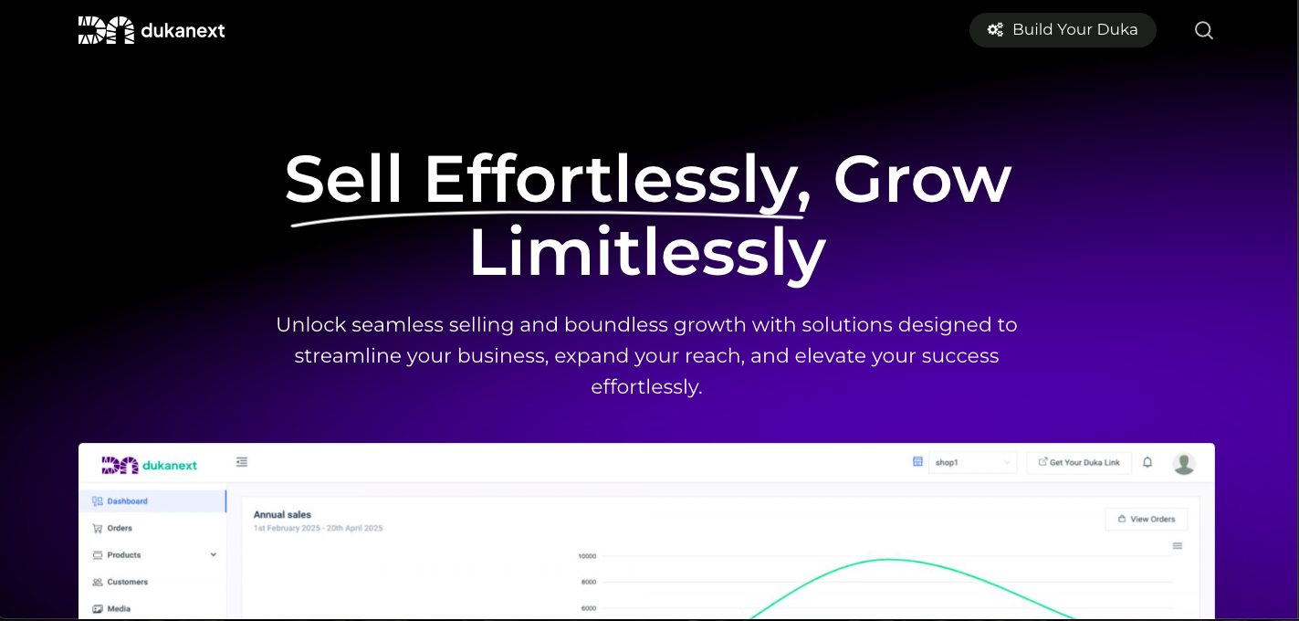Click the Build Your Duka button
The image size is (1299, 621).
(1063, 30)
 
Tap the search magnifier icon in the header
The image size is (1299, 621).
(1204, 30)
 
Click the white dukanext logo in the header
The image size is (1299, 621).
(152, 30)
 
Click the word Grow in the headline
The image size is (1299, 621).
(923, 179)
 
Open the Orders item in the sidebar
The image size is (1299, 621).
(112, 528)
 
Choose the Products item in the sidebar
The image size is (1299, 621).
(117, 555)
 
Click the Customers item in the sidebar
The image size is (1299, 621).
(120, 582)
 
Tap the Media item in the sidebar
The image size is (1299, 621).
(111, 609)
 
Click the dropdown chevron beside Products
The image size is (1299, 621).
(214, 555)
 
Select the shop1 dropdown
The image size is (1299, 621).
(972, 463)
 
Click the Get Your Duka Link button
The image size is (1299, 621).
(1079, 463)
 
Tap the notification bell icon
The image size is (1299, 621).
(1147, 463)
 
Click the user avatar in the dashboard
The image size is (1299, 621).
(1184, 464)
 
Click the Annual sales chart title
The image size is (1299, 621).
(282, 515)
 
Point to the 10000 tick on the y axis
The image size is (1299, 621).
(587, 556)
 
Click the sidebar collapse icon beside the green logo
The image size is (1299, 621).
(242, 462)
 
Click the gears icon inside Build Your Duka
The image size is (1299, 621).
(995, 29)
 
